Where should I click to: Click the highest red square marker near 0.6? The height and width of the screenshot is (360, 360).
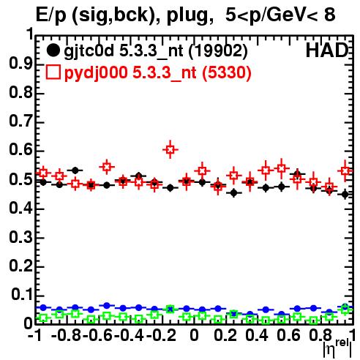tap(170, 149)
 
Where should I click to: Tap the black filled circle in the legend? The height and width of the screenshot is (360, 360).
tap(53, 50)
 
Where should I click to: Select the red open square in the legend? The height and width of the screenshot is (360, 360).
tap(53, 72)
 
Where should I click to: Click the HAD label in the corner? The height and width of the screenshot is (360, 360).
tap(327, 50)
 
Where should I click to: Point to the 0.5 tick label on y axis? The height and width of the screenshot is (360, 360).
tap(20, 180)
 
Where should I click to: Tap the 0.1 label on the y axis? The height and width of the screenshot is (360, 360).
tap(22, 295)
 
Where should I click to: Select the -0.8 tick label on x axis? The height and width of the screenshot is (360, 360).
tap(67, 336)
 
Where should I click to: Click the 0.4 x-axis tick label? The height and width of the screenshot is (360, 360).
tap(257, 336)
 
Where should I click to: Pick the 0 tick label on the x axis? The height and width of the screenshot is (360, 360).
tap(194, 336)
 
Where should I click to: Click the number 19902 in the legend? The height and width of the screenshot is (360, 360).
tap(218, 51)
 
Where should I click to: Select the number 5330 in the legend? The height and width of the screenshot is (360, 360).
tap(227, 72)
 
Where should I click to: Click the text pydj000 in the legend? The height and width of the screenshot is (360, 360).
tap(96, 73)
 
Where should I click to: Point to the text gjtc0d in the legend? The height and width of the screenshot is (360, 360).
tap(89, 51)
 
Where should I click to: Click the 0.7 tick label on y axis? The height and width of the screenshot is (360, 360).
tap(20, 121)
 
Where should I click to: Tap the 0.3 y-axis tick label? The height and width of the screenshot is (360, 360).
tap(20, 237)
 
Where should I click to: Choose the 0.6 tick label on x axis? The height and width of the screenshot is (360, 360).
tap(288, 336)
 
